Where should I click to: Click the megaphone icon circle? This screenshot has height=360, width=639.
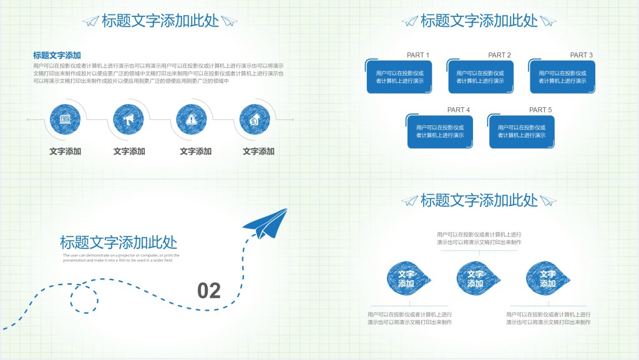[129, 119]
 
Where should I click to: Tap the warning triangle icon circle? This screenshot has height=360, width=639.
[192, 119]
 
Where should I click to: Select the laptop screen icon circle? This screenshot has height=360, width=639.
[66, 119]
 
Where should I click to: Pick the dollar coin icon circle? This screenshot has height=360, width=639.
[255, 119]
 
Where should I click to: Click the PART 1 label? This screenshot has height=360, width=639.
[418, 55]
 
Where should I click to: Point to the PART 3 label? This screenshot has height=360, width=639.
[582, 55]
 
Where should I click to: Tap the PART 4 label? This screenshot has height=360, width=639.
[459, 110]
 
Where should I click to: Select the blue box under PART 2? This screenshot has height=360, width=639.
[480, 77]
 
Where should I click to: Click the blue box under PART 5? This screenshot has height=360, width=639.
[522, 132]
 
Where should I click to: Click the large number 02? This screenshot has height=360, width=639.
[209, 291]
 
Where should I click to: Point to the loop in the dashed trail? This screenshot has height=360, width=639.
[84, 296]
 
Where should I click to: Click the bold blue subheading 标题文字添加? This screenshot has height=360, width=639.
[57, 55]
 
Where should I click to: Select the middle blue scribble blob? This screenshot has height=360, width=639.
[477, 278]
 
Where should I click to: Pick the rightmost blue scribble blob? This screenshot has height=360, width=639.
[547, 278]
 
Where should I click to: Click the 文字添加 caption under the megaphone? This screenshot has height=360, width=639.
[129, 151]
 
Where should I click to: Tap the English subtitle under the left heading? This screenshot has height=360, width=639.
[121, 258]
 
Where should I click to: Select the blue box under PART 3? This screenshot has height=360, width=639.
[562, 77]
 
